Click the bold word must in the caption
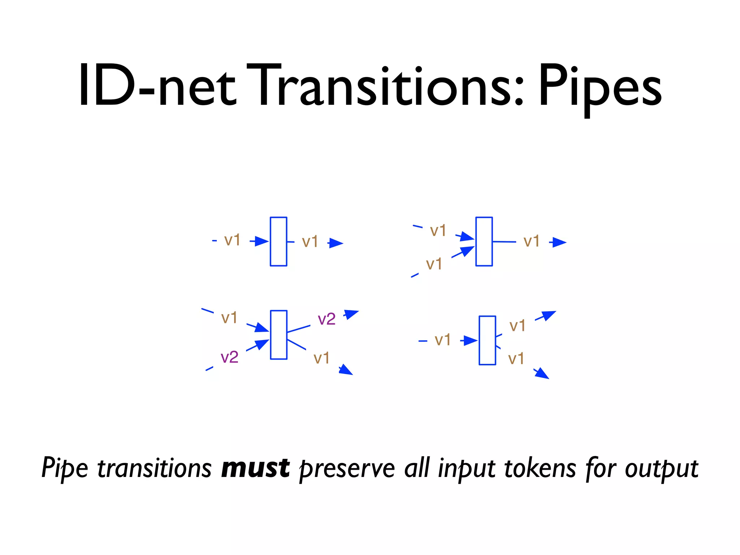(255, 468)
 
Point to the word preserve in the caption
(347, 469)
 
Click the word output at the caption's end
(661, 469)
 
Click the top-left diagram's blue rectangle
(279, 241)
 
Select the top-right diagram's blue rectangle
(484, 241)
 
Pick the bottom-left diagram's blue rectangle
(279, 335)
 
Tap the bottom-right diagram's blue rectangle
(487, 340)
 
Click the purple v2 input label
(229, 357)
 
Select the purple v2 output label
(326, 319)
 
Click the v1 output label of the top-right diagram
(531, 241)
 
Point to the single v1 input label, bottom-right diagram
(443, 340)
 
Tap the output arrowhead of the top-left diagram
(336, 243)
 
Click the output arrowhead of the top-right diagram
(559, 242)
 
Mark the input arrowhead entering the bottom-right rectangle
(470, 340)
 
